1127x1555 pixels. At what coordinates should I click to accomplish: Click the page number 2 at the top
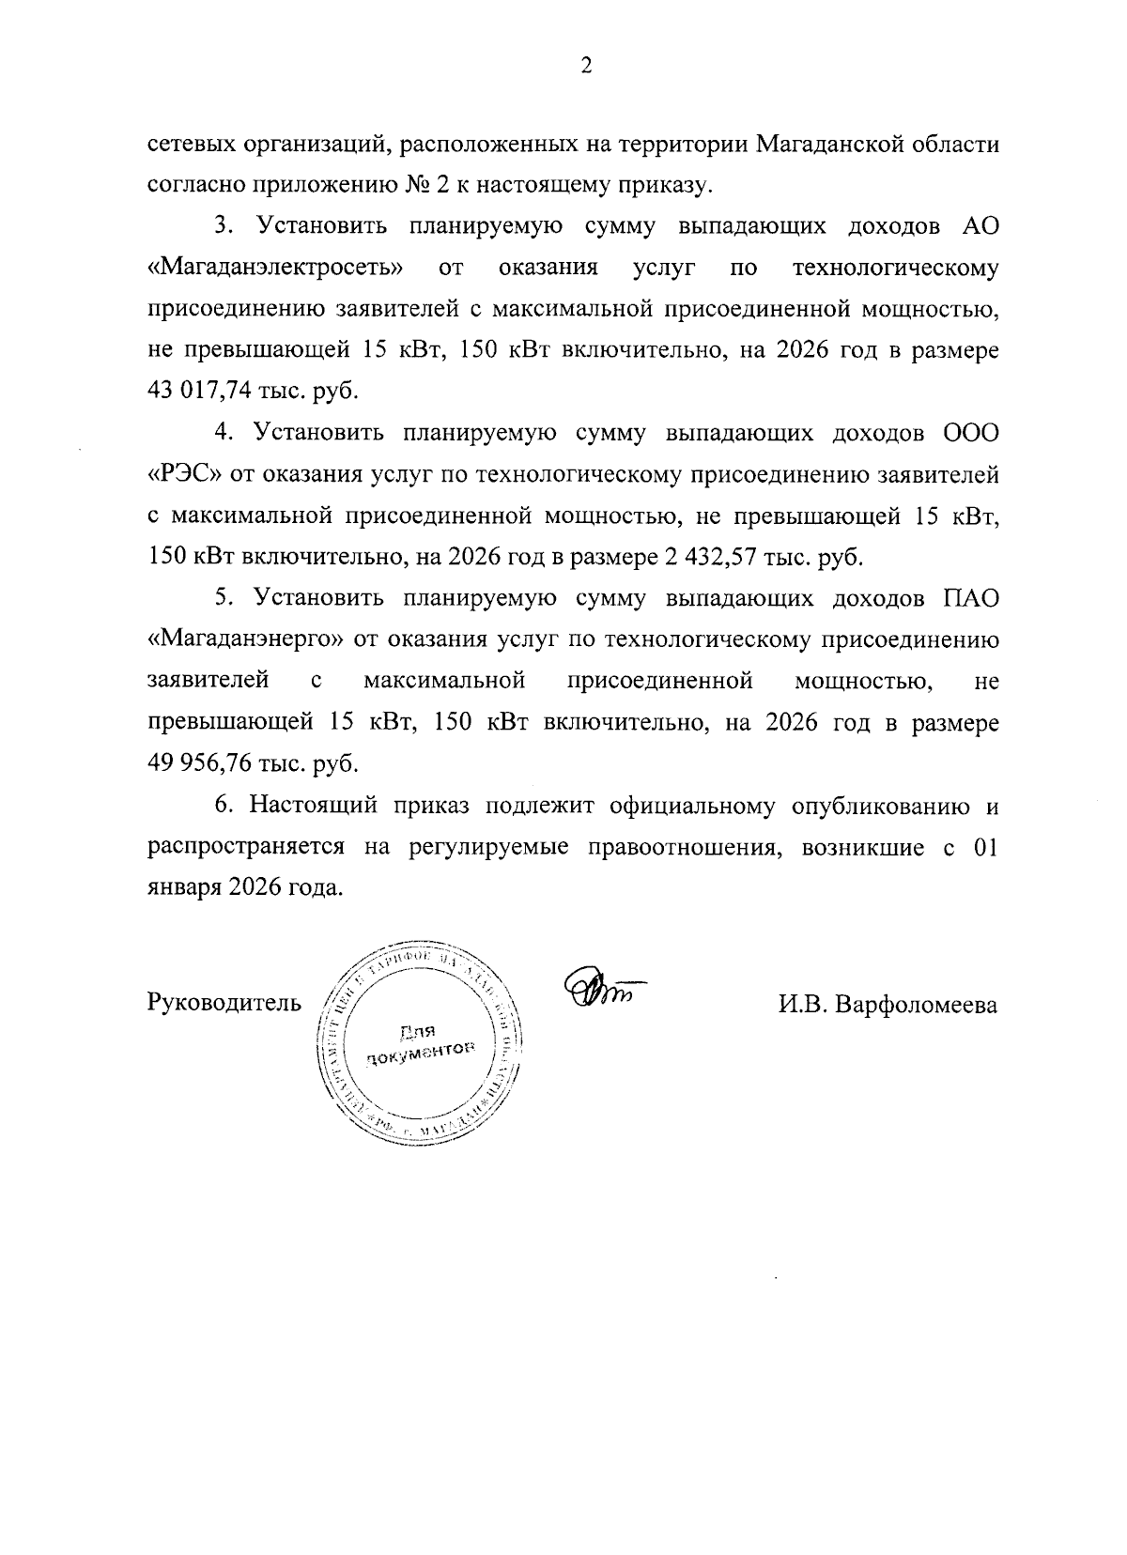[x=586, y=65]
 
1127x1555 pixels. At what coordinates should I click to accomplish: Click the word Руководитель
[x=224, y=1004]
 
